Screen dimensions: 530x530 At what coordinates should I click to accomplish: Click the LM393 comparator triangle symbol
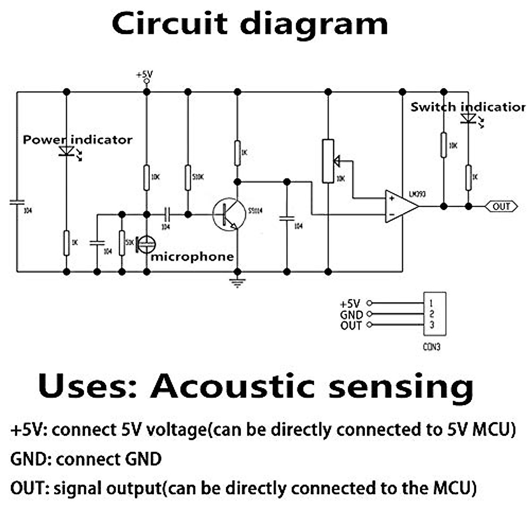point(400,207)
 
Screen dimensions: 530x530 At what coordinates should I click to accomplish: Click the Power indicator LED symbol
point(67,151)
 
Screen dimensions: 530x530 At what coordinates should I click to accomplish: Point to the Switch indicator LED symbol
point(468,118)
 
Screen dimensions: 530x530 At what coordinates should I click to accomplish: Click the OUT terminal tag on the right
point(501,206)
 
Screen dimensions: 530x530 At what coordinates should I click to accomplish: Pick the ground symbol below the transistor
point(238,283)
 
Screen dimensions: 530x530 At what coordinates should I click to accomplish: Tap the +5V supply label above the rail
point(144,74)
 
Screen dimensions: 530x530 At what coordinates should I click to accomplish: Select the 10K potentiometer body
point(328,161)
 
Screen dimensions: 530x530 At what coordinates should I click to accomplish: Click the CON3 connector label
point(432,347)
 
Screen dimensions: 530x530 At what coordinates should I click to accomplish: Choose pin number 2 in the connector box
point(432,314)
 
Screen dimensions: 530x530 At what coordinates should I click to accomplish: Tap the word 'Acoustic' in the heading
point(232,386)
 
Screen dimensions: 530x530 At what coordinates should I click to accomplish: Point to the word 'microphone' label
point(192,257)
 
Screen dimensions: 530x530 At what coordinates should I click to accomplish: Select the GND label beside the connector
point(351,314)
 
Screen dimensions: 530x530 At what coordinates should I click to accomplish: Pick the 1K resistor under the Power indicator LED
point(67,242)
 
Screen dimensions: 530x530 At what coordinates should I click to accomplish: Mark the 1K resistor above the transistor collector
point(238,153)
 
